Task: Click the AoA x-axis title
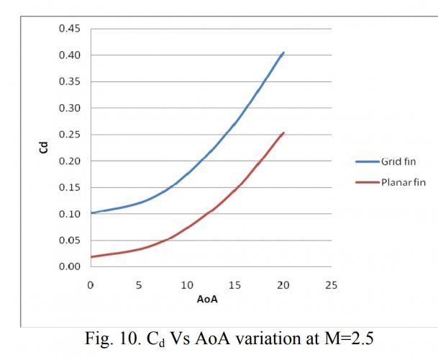click(209, 300)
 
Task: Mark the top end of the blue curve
click(283, 53)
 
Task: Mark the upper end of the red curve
click(283, 132)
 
